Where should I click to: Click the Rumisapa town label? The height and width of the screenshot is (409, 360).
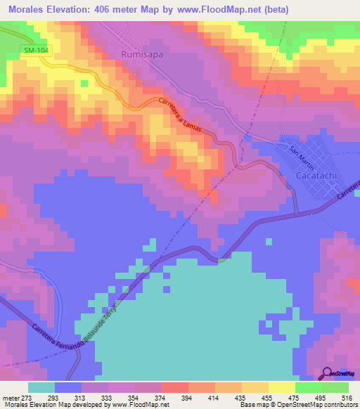coord(143,53)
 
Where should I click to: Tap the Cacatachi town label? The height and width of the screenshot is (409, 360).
coord(314,174)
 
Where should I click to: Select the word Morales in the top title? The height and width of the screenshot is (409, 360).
coord(25,10)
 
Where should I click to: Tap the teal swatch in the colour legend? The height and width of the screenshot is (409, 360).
coord(41,387)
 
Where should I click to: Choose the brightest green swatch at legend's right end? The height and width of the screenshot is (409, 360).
coord(335,387)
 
